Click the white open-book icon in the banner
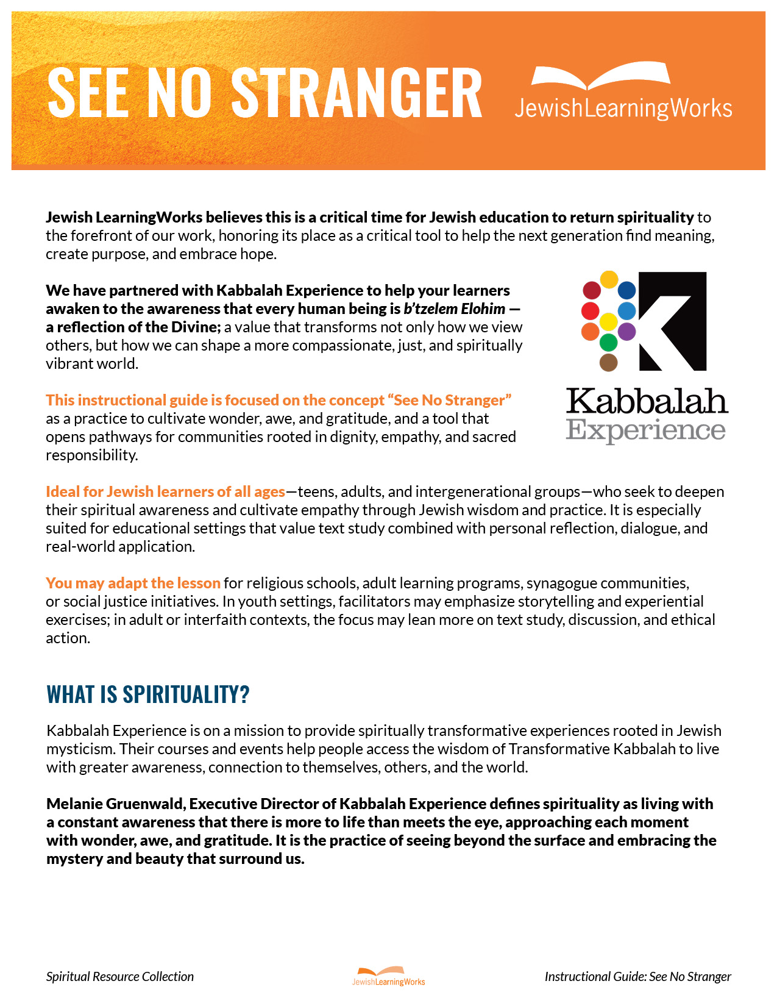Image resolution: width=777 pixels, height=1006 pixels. (x=600, y=76)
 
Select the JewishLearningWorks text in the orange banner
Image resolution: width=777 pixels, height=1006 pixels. (x=623, y=109)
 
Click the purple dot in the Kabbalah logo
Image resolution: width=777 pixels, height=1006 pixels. (x=626, y=332)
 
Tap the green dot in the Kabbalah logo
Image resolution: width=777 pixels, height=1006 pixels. (x=608, y=342)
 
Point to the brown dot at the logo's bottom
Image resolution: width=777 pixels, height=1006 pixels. (x=608, y=363)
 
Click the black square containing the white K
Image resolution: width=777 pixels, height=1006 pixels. (x=672, y=321)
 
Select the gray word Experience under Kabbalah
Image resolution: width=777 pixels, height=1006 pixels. (x=645, y=430)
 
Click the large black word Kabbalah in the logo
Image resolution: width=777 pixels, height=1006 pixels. (x=647, y=401)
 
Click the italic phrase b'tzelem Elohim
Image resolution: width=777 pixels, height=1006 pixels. (x=454, y=309)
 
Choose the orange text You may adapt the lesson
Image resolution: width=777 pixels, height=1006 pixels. (x=133, y=583)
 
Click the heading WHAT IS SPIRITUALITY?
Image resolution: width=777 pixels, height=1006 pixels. (x=148, y=694)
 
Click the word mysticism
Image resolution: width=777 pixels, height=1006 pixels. (x=79, y=749)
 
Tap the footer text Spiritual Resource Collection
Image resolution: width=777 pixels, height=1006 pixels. (x=120, y=976)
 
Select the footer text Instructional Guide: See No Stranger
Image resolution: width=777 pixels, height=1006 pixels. (x=637, y=976)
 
